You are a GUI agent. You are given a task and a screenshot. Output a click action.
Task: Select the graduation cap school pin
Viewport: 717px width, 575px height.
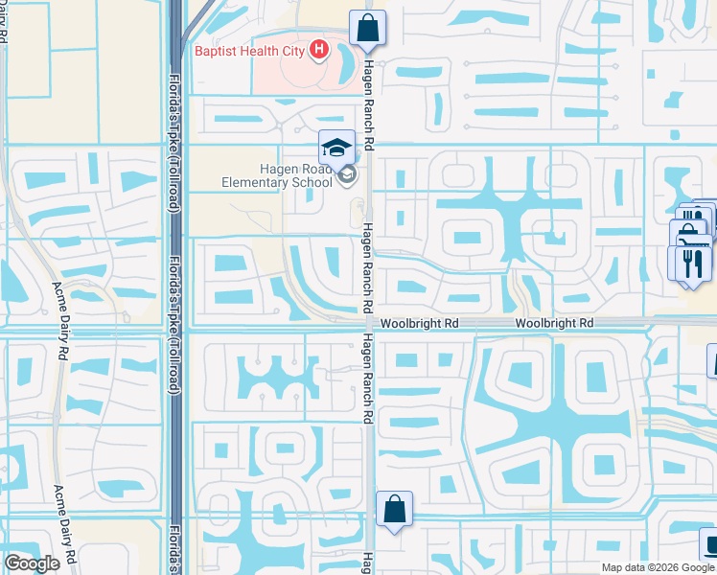pyautogui.click(x=336, y=148)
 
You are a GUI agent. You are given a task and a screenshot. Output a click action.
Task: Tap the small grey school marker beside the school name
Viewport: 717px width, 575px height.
pyautogui.click(x=347, y=174)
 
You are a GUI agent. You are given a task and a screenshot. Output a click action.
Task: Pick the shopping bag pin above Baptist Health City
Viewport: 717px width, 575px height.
pyautogui.click(x=367, y=28)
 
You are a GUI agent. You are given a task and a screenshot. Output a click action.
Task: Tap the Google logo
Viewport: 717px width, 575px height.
pyautogui.click(x=32, y=563)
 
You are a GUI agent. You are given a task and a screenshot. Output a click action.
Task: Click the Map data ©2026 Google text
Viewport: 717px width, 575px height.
pyautogui.click(x=657, y=567)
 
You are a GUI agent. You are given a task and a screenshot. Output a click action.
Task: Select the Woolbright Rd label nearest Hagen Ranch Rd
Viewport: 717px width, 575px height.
pyautogui.click(x=420, y=325)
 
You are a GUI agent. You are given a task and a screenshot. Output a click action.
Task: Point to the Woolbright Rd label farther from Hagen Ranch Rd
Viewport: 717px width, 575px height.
pyautogui.click(x=554, y=325)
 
